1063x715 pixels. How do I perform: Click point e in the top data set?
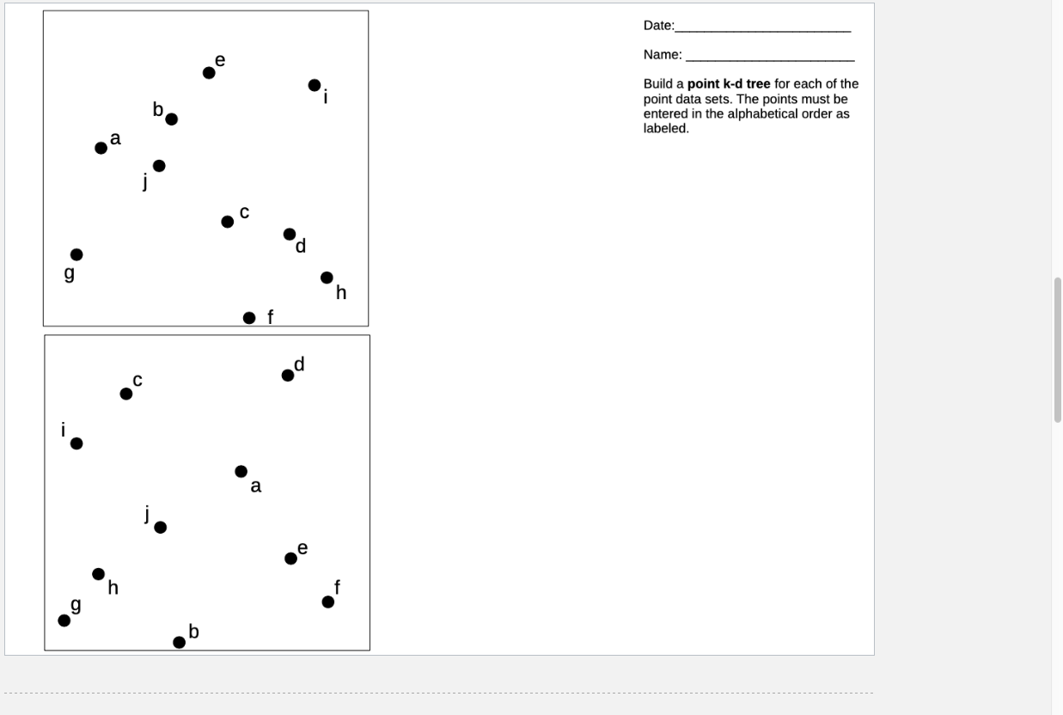(209, 73)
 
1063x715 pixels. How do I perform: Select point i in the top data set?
(315, 85)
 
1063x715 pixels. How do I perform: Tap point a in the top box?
(101, 148)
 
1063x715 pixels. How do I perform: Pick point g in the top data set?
(76, 254)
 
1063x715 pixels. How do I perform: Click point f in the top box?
(249, 318)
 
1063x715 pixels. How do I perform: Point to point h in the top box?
(327, 278)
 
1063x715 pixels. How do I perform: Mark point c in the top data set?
(227, 222)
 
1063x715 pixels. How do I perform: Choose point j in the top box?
(159, 166)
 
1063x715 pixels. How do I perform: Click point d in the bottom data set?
(288, 376)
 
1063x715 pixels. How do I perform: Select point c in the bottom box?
(126, 394)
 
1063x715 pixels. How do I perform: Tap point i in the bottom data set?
(76, 443)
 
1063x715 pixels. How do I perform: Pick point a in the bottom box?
(241, 471)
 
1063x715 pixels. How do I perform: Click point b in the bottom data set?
(179, 642)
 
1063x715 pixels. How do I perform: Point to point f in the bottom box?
(328, 602)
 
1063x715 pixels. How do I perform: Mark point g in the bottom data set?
(64, 620)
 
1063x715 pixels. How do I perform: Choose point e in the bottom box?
(290, 559)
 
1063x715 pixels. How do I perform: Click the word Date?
(657, 26)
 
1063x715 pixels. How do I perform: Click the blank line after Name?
(769, 56)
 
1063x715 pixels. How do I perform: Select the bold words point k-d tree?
(729, 84)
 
